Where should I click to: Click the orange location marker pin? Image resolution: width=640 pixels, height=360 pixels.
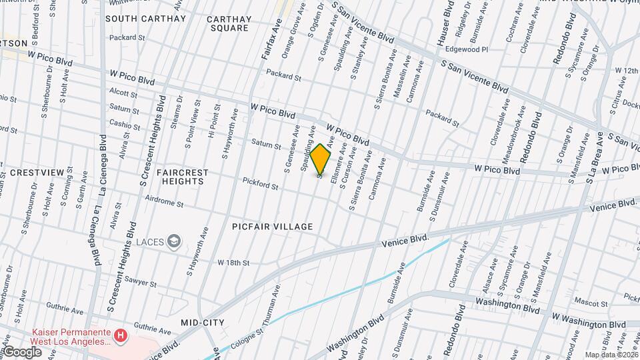click(x=321, y=159)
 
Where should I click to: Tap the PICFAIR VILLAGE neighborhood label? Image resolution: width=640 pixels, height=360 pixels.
click(x=273, y=227)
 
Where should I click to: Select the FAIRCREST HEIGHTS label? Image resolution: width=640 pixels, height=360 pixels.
click(x=183, y=177)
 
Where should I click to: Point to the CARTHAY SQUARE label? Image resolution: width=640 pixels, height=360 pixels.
click(x=229, y=23)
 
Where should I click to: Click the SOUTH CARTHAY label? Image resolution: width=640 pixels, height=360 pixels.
click(x=145, y=19)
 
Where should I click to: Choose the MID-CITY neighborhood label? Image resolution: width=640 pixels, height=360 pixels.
click(x=203, y=323)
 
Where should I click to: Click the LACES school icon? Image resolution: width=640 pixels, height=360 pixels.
click(x=174, y=241)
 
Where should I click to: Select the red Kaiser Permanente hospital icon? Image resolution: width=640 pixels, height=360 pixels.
click(x=121, y=335)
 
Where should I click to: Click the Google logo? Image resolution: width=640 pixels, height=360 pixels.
click(x=21, y=352)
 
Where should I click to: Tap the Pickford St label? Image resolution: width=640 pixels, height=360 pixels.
click(x=260, y=182)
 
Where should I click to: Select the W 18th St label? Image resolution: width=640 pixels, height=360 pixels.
click(x=233, y=263)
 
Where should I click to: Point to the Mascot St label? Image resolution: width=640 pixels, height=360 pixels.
click(x=589, y=302)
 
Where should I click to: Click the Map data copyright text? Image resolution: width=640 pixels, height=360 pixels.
click(x=611, y=354)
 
